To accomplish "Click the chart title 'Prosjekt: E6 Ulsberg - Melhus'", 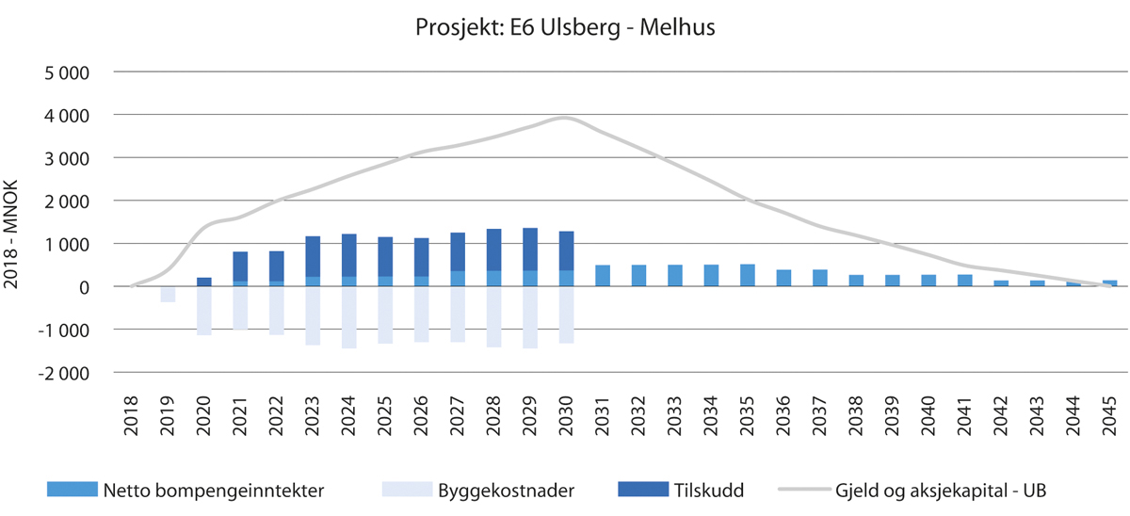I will point(565,27).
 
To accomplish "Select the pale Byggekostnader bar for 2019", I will point(168,294).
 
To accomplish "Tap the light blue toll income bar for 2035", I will point(748,275).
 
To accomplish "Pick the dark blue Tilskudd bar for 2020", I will point(204,282).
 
